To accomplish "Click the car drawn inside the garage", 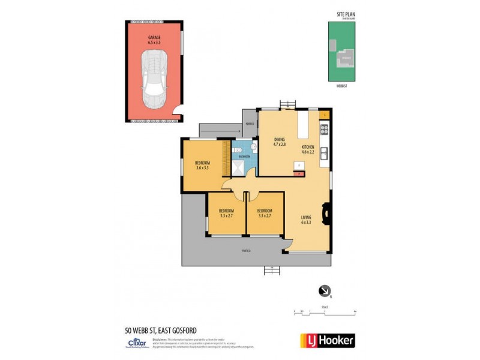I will (x=154, y=79).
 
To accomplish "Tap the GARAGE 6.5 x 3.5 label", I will (x=154, y=40).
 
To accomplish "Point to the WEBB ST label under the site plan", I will (x=341, y=87).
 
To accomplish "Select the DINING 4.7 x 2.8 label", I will (x=280, y=142).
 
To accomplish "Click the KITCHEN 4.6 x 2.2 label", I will (x=308, y=149).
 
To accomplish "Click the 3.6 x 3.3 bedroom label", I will (x=202, y=165).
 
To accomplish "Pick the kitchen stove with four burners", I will (x=325, y=128).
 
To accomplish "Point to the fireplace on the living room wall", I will (x=326, y=213).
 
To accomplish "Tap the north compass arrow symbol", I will (x=325, y=291).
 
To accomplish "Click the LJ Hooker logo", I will (x=327, y=340).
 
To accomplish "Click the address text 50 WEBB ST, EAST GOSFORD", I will (x=160, y=330).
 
